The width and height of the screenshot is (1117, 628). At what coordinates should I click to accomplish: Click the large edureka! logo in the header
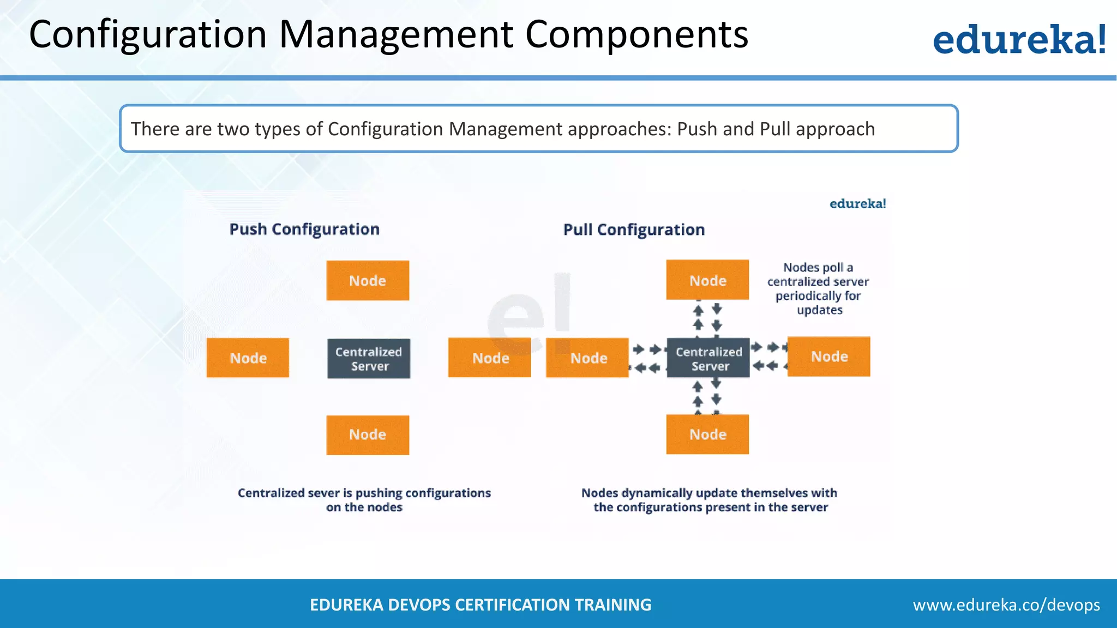pos(1019,39)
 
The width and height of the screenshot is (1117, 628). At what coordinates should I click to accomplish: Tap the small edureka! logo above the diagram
pos(857,204)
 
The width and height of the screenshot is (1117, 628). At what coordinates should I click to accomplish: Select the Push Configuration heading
pos(304,229)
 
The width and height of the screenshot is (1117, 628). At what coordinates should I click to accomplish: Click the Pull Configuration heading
pos(634,230)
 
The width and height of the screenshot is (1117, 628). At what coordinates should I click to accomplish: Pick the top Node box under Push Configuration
pos(368,280)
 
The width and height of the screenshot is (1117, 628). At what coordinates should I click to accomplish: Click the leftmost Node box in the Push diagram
pos(248,358)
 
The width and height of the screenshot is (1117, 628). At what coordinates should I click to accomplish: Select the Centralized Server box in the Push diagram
pos(369,359)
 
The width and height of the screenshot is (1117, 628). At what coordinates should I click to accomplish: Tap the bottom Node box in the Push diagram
pos(368,435)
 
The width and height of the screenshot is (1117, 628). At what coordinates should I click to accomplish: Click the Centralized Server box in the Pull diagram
pos(708,358)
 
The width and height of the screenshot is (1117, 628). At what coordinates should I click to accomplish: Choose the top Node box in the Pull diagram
pos(707,280)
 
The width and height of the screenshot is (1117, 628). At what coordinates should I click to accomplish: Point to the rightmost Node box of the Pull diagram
pos(828,357)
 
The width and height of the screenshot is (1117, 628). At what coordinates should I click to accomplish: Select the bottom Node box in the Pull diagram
pos(707,434)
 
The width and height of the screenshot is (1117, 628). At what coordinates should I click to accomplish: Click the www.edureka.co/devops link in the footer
pos(1006,605)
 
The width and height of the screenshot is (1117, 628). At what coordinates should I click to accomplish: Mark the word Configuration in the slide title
pos(148,35)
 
